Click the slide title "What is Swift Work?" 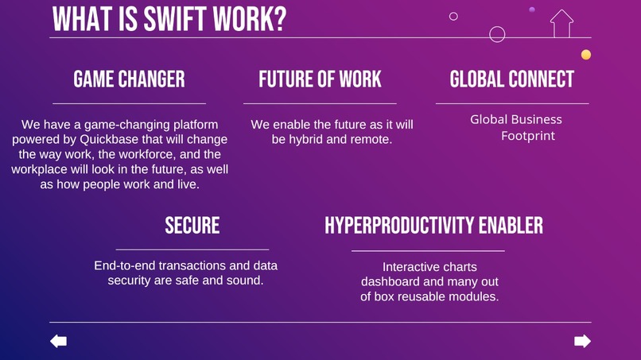(169, 18)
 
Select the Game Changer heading (129, 79)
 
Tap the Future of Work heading (320, 79)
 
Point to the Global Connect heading (511, 79)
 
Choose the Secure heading (192, 226)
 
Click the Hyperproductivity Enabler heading (433, 226)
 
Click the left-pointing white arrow (58, 341)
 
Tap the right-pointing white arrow (582, 341)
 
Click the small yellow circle (586, 55)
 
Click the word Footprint (527, 136)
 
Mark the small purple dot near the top (531, 10)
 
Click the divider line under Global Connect (511, 103)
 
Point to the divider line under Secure (192, 250)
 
